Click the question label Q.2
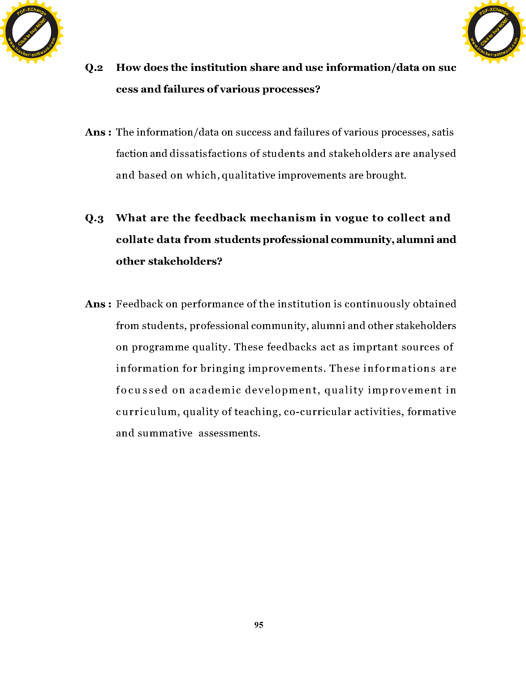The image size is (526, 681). (x=94, y=68)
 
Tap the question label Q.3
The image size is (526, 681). (x=94, y=218)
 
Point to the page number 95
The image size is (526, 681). (x=259, y=625)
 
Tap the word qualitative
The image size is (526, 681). (x=248, y=176)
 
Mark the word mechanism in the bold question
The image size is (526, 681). (x=283, y=218)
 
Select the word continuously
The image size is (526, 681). (x=377, y=304)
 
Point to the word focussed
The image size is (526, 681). (x=142, y=390)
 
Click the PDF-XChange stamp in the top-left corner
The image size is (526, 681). (x=32, y=32)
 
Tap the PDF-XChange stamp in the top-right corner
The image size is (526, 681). (x=494, y=32)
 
